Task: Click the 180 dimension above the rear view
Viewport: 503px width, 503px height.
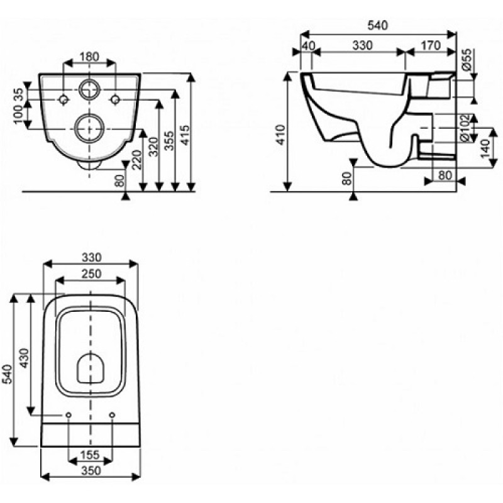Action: pos(89,57)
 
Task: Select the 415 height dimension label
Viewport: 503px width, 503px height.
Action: pos(185,135)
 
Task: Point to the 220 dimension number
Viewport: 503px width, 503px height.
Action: pos(136,160)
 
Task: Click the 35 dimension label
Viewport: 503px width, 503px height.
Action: pos(19,95)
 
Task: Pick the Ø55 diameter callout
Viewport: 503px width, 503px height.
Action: pos(467,59)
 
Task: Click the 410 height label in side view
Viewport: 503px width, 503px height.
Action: pos(280,135)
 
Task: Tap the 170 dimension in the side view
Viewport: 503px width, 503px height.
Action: pos(431,45)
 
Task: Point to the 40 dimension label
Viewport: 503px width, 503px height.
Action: pos(308,45)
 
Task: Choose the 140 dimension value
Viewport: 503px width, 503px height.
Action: pos(485,148)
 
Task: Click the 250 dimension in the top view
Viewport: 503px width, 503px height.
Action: pos(91,274)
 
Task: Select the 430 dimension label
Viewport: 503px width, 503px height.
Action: pos(24,358)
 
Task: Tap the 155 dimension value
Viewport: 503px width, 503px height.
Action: pos(90,455)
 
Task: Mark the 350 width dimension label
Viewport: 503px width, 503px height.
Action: pos(91,470)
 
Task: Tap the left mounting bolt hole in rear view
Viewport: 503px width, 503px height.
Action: pos(64,100)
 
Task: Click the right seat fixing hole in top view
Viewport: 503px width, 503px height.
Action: pos(112,415)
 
